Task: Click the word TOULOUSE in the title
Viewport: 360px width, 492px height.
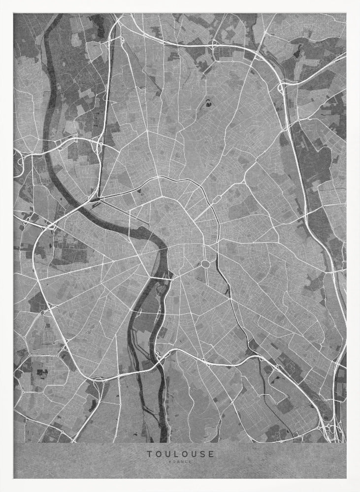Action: (x=180, y=454)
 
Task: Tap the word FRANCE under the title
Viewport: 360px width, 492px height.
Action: (x=180, y=461)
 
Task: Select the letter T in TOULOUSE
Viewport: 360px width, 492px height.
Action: (x=148, y=454)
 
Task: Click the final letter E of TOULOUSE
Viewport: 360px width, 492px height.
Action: (x=212, y=454)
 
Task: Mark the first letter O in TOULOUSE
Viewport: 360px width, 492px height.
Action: (x=157, y=454)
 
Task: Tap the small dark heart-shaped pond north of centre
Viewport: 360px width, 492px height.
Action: (x=209, y=104)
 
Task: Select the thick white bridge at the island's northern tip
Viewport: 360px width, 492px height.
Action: (x=161, y=279)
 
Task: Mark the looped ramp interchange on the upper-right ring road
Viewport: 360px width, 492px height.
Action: (x=281, y=89)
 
